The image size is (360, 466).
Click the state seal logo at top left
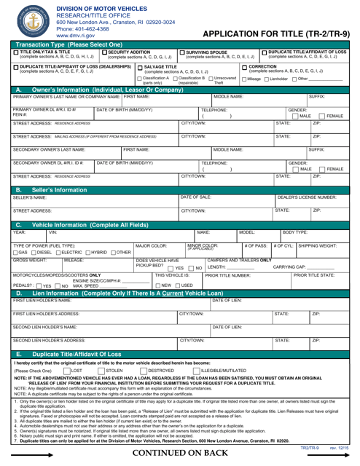(28, 23)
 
